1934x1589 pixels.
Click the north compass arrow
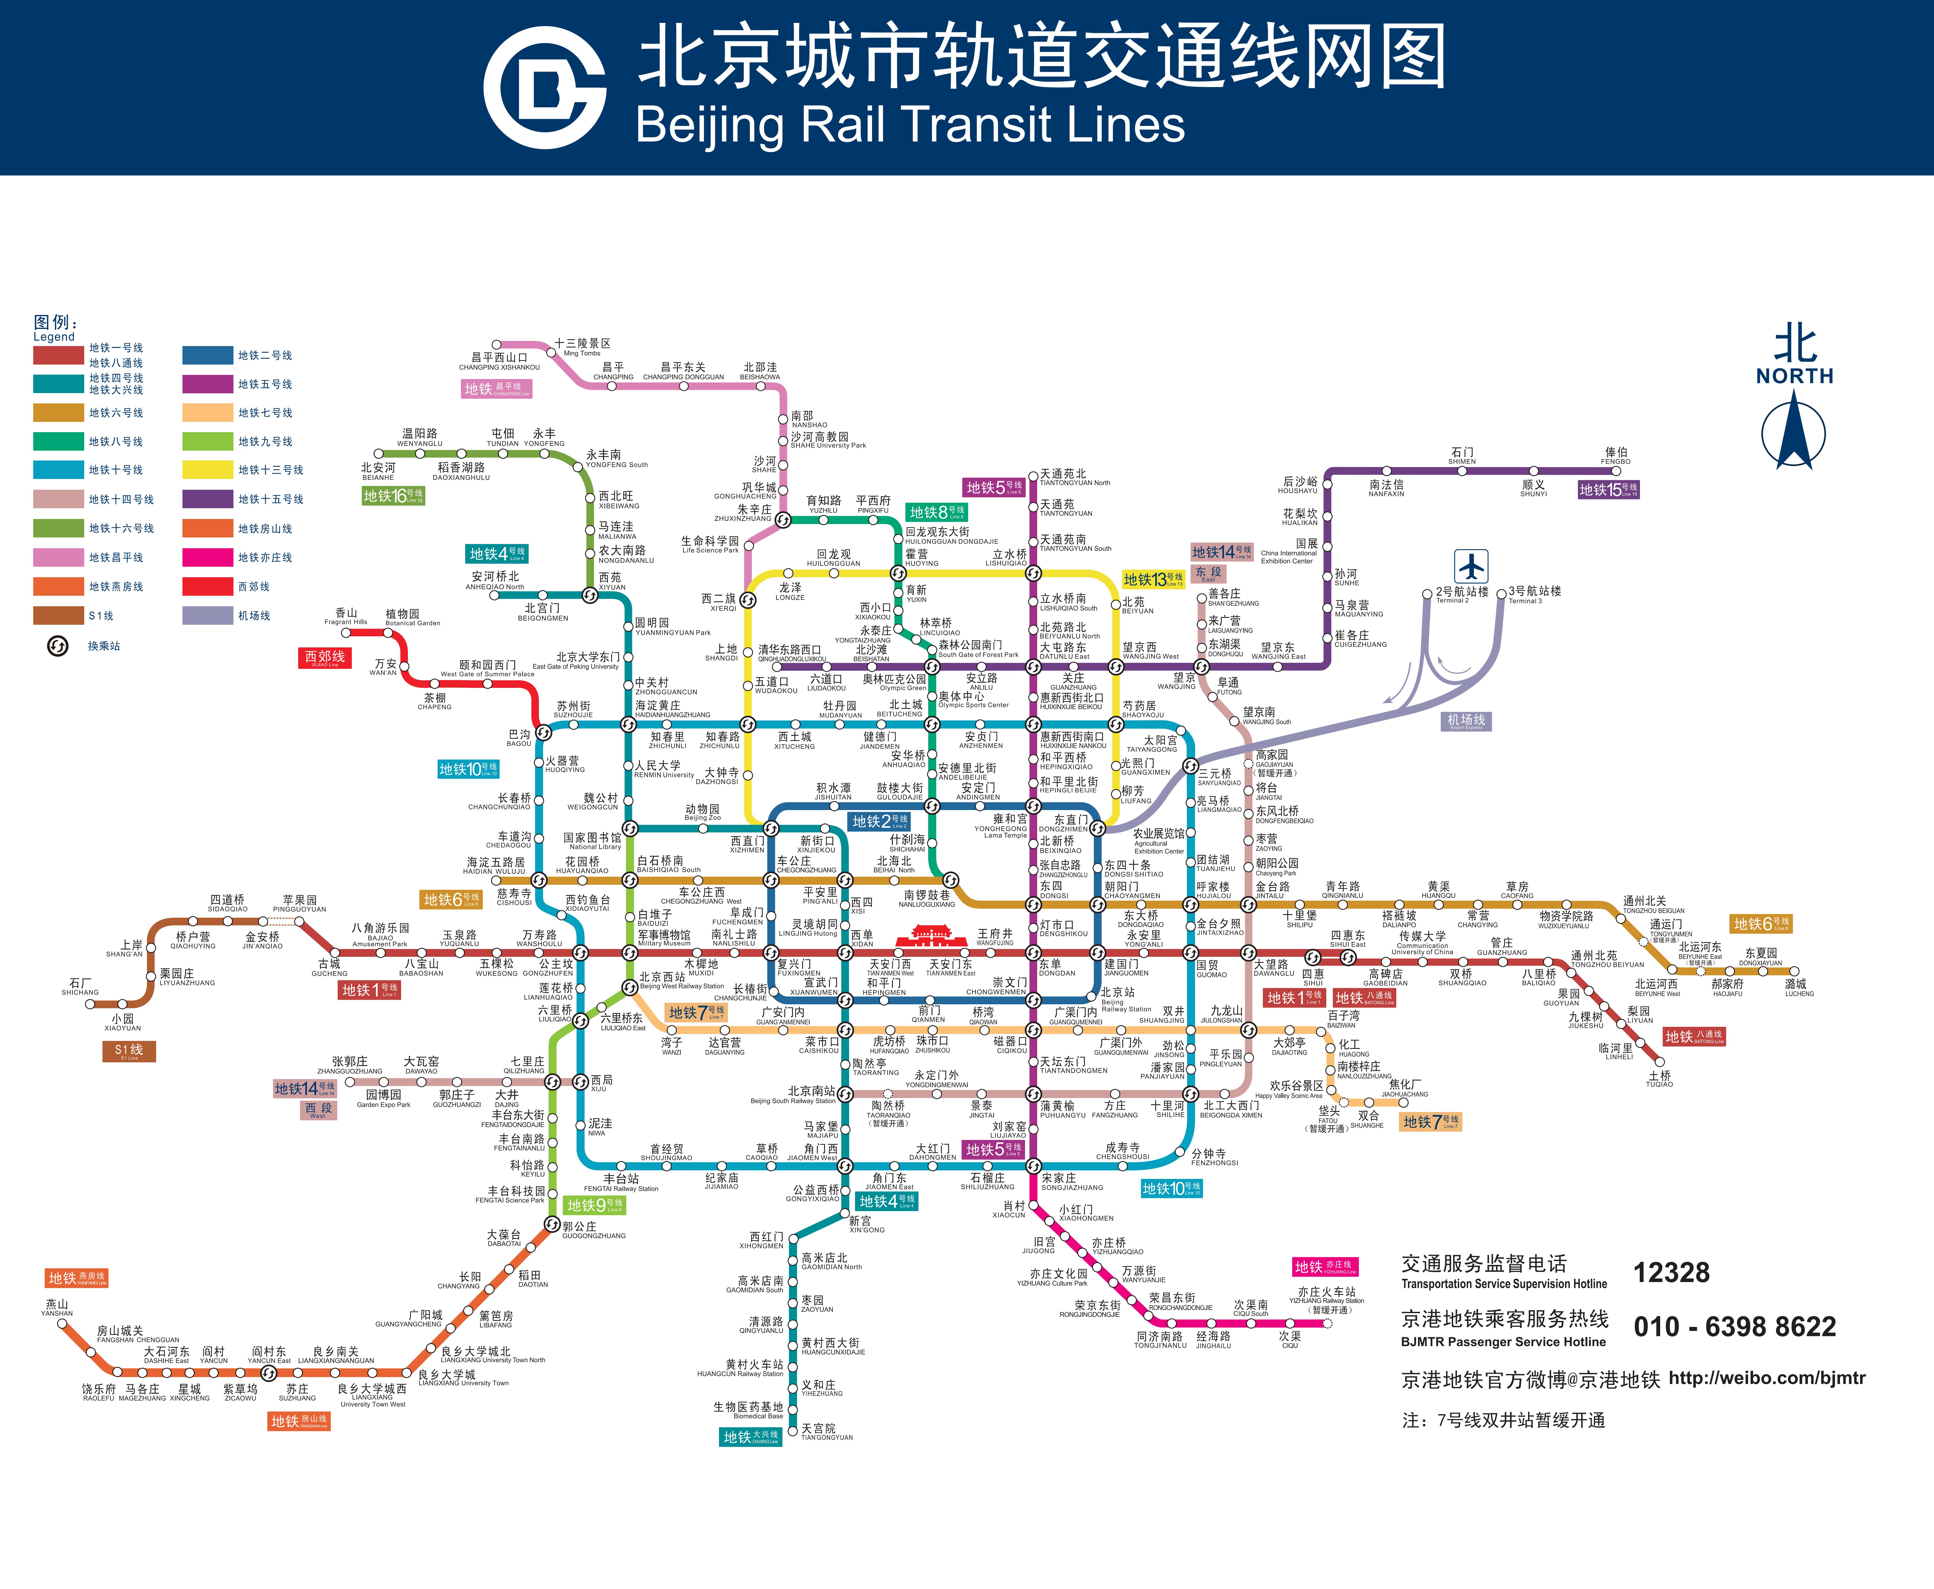pos(1793,430)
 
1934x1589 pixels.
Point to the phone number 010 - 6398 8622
pos(1734,1326)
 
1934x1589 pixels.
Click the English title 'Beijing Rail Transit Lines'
pos(910,125)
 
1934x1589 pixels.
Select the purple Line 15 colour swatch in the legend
pos(208,499)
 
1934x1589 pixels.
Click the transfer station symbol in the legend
pos(58,646)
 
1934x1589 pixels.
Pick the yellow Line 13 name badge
pos(1153,579)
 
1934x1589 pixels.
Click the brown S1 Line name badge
pos(129,1051)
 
